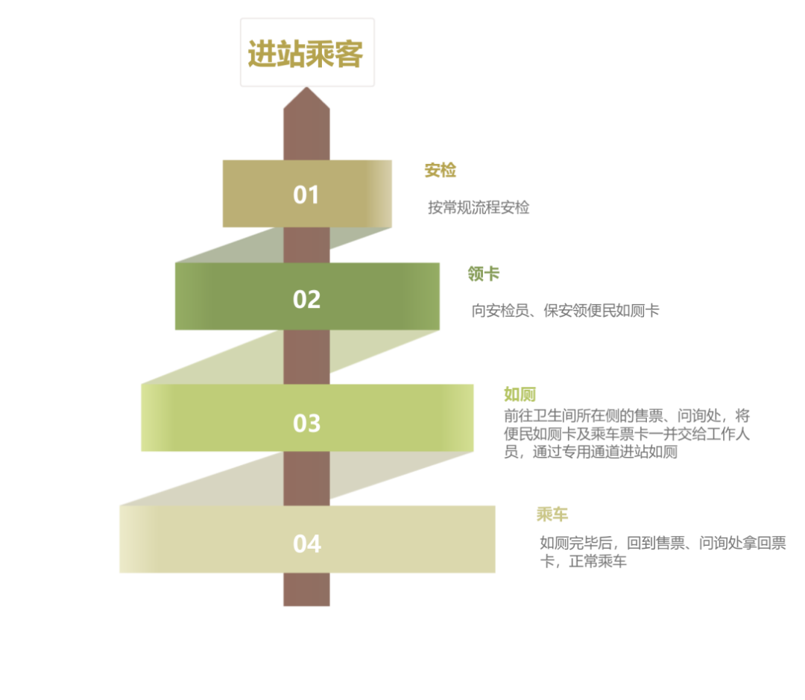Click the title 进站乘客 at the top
coord(306,54)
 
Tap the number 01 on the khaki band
coord(306,195)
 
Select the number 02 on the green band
coord(306,299)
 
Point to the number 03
coord(306,423)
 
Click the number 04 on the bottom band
coord(306,543)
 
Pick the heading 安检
coord(440,171)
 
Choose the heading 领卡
coord(483,274)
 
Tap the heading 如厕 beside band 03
coord(520,394)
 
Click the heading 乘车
coord(552,514)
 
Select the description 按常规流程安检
coord(479,207)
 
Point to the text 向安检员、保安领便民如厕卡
coord(565,310)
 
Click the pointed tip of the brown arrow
coord(306,90)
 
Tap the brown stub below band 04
coord(306,590)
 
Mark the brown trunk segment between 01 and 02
coord(306,245)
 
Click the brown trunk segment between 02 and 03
coord(306,356)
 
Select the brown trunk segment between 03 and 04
coord(306,478)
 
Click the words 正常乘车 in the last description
coord(597,561)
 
